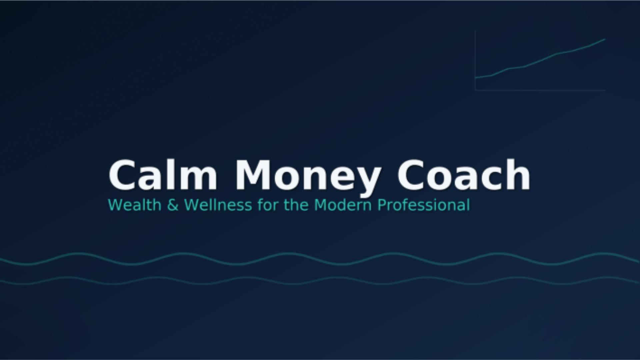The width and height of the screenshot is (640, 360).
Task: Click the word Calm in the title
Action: pos(163,174)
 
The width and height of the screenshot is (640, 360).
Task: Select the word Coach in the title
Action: pos(463,174)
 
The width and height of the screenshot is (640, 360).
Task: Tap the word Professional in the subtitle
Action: pos(424,205)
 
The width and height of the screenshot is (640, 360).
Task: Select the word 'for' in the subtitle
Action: pos(268,205)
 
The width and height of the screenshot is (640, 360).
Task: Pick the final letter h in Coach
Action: pos(518,174)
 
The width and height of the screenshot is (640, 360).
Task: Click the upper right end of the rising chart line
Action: pos(605,39)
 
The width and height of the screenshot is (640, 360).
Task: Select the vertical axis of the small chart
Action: pos(475,60)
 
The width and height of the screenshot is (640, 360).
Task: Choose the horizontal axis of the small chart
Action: pos(540,90)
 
